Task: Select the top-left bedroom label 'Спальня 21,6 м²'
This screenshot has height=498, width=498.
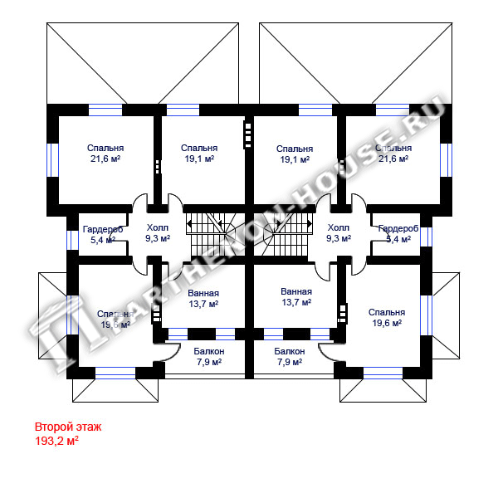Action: click(105, 154)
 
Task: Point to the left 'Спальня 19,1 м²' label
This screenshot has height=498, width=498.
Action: click(198, 154)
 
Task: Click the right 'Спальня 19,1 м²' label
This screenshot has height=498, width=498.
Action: click(294, 154)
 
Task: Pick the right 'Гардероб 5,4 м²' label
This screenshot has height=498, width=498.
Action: click(398, 233)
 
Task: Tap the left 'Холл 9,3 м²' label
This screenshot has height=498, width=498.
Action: click(157, 232)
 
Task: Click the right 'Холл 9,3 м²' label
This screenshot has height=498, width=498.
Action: click(339, 232)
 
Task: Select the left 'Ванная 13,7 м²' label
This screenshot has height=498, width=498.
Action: click(203, 298)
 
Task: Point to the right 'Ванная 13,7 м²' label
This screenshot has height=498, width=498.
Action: click(296, 297)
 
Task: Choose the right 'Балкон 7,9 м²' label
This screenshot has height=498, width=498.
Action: click(290, 357)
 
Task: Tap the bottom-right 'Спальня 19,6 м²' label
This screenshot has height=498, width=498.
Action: click(386, 318)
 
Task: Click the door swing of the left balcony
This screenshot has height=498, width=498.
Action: click(163, 349)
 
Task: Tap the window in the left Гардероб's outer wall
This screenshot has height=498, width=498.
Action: click(73, 237)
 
